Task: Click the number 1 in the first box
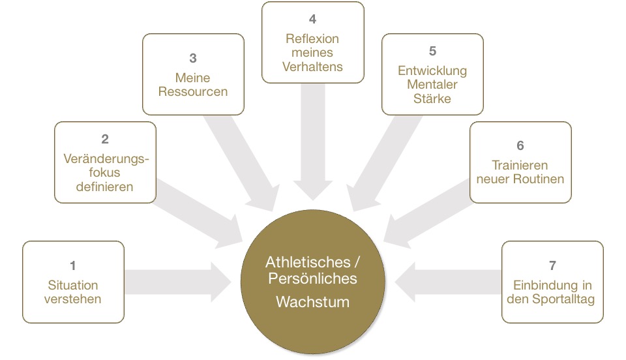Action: (73, 265)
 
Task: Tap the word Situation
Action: (73, 285)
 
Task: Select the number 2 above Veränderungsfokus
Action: (105, 139)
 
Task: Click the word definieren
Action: (105, 187)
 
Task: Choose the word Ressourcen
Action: (193, 91)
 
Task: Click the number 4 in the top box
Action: (312, 20)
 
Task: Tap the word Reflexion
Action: (312, 38)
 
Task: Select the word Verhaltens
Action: (312, 67)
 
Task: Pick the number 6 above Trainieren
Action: (520, 145)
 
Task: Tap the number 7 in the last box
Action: (552, 265)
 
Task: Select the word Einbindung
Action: (535, 285)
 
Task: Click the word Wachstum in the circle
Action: (312, 303)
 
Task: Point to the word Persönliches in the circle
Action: (312, 278)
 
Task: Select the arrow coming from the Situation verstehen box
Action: (176, 281)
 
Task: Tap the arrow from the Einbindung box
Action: (450, 281)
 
